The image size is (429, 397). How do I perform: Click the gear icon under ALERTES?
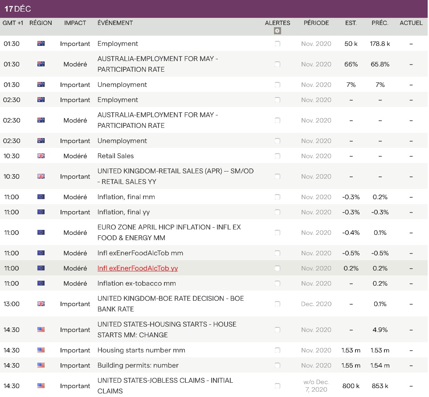pyautogui.click(x=277, y=31)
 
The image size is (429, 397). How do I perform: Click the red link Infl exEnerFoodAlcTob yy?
pyautogui.click(x=138, y=268)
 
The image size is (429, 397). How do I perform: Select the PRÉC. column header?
pyautogui.click(x=380, y=23)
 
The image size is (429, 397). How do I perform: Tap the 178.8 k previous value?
pyautogui.click(x=380, y=44)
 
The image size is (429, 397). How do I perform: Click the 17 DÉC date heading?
pyautogui.click(x=18, y=9)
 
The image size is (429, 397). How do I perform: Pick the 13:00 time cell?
pyautogui.click(x=12, y=304)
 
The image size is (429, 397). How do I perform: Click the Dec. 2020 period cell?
pyautogui.click(x=316, y=304)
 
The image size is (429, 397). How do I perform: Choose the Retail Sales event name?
pyautogui.click(x=115, y=156)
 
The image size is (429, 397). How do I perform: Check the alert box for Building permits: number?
pyautogui.click(x=277, y=365)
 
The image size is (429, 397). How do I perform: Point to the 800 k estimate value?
pyautogui.click(x=351, y=386)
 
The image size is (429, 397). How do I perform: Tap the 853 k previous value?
pyautogui.click(x=380, y=386)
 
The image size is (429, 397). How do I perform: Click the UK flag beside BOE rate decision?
pyautogui.click(x=41, y=304)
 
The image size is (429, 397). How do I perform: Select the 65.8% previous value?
pyautogui.click(x=380, y=64)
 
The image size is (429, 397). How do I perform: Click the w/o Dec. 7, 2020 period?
pyautogui.click(x=316, y=386)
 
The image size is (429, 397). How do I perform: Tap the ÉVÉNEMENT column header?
pyautogui.click(x=115, y=23)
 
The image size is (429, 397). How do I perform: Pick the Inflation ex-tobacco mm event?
pyautogui.click(x=136, y=283)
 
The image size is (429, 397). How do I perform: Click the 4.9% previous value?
pyautogui.click(x=380, y=330)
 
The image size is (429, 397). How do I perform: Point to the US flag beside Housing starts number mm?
pyautogui.click(x=41, y=350)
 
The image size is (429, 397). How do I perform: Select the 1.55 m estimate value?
pyautogui.click(x=351, y=365)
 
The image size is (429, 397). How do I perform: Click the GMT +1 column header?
pyautogui.click(x=13, y=23)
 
